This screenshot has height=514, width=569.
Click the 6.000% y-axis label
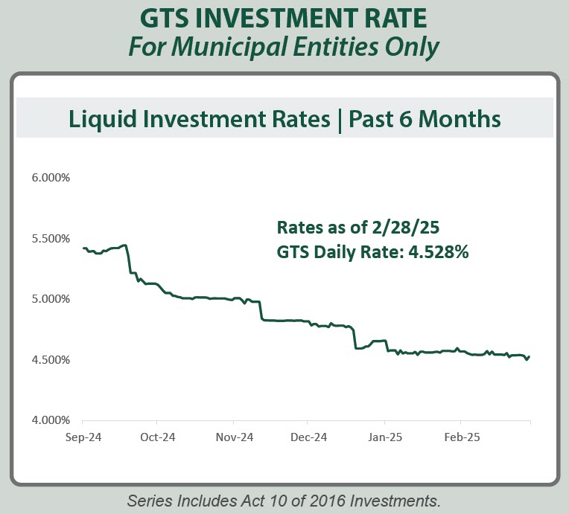coord(51,179)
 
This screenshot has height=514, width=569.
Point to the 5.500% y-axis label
coord(51,239)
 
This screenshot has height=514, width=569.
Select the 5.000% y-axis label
coord(51,299)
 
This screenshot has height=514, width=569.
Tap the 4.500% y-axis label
coord(51,360)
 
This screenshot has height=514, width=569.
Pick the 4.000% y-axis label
coord(51,420)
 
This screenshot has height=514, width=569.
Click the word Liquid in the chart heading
coord(98,119)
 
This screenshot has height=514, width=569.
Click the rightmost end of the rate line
coord(530,356)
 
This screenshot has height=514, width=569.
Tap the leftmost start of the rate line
coord(83,248)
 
